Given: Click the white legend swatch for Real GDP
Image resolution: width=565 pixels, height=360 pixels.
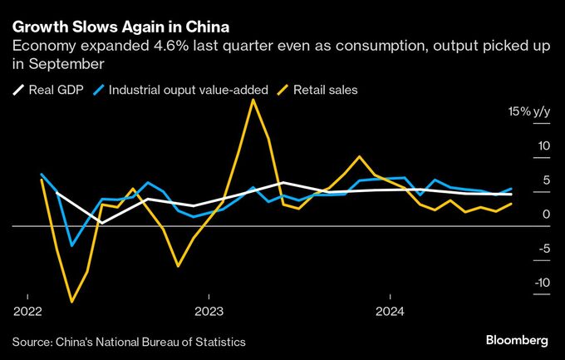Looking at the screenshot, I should [x=17, y=89].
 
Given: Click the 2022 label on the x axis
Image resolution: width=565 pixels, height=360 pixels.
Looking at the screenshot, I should [x=28, y=313].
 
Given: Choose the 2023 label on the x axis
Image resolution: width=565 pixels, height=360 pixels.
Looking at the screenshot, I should [x=209, y=313].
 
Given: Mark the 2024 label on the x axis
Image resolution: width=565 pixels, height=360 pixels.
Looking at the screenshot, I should [x=391, y=313].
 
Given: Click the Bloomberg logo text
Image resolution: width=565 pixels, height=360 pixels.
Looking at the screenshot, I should [x=516, y=341].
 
